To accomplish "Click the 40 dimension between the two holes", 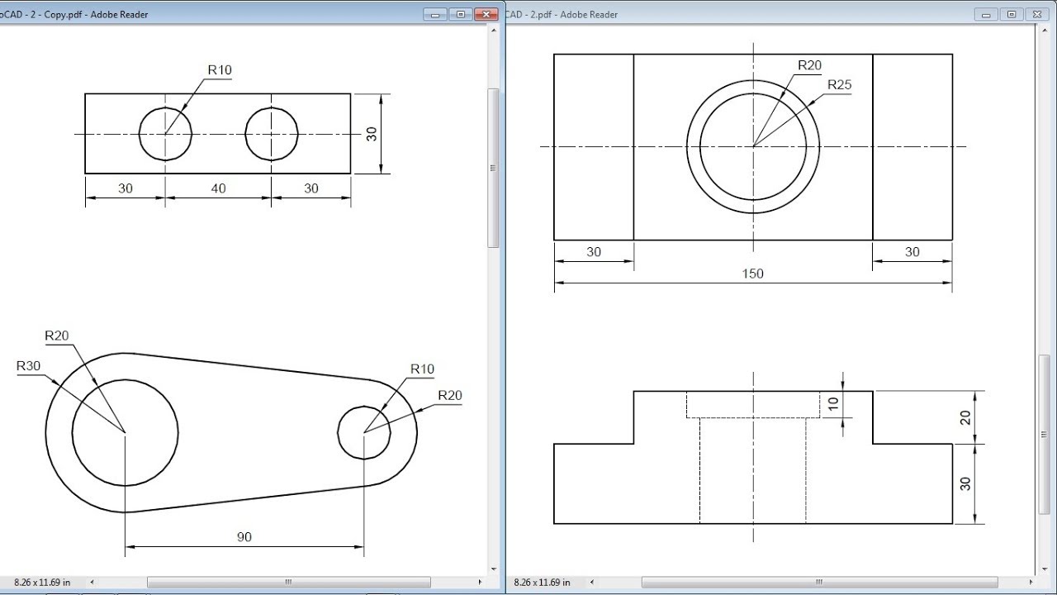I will click(218, 188).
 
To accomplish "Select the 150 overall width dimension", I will click(753, 274).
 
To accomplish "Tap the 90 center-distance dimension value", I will click(244, 537).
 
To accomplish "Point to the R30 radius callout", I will click(29, 366).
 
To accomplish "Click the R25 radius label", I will click(839, 85).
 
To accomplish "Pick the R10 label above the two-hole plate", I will click(220, 70).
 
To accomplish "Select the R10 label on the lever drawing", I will click(421, 369).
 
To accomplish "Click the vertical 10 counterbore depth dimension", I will click(833, 404).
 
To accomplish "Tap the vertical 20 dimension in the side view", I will click(965, 417).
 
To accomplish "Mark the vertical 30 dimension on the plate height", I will click(372, 133).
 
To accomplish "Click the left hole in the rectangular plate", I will click(165, 134).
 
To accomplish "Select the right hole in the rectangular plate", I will click(272, 134).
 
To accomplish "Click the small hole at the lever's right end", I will click(364, 432).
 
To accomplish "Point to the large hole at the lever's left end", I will click(125, 431).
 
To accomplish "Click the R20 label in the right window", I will click(809, 66).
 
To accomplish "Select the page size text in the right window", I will click(542, 583).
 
